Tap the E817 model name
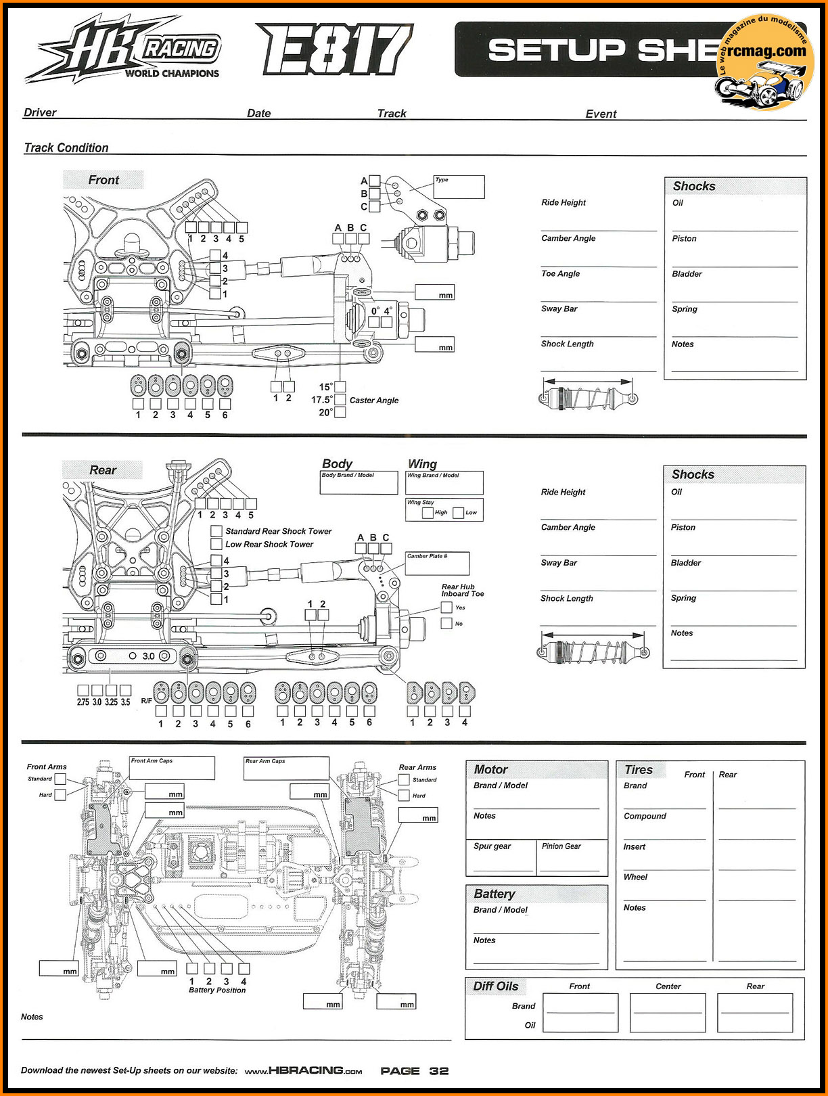tap(334, 49)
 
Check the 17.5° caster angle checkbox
tap(340, 399)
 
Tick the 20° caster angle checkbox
tap(340, 413)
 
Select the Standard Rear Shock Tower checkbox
tap(216, 531)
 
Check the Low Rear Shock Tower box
tap(216, 544)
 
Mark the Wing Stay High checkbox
tap(428, 513)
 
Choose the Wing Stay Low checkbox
tap(458, 513)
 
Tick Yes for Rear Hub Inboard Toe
tap(446, 607)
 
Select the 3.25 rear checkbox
tap(112, 690)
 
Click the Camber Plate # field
tap(437, 564)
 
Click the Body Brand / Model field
tap(359, 483)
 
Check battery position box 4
tap(244, 969)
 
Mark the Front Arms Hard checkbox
tap(60, 794)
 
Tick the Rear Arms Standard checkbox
tap(404, 779)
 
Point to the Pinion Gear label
tap(561, 846)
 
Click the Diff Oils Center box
tap(668, 1012)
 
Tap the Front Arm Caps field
tap(172, 768)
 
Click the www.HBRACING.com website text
tap(303, 1070)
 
